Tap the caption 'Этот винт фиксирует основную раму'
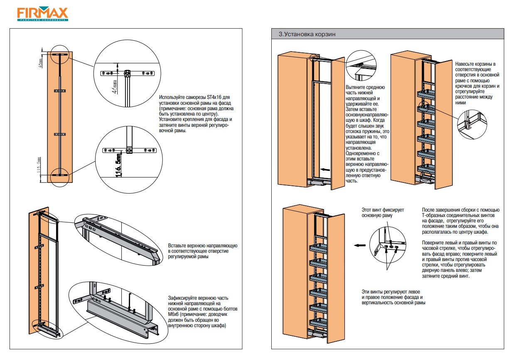[382, 213]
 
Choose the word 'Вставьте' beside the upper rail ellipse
[179, 246]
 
